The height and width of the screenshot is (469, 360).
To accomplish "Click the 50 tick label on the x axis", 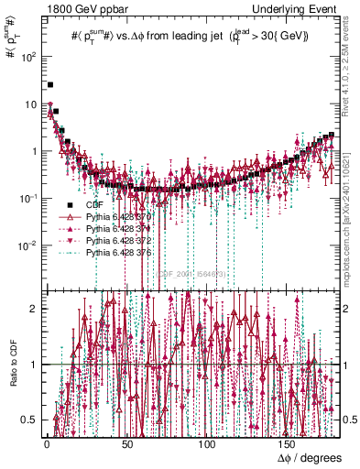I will [x=126, y=442].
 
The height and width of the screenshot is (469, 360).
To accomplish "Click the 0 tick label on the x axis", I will [x=46, y=442].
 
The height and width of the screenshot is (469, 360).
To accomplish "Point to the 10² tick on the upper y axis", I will [x=30, y=57].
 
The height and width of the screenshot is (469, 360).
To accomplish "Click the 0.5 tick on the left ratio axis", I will [x=31, y=420].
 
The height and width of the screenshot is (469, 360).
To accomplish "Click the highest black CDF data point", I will [x=50, y=84].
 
